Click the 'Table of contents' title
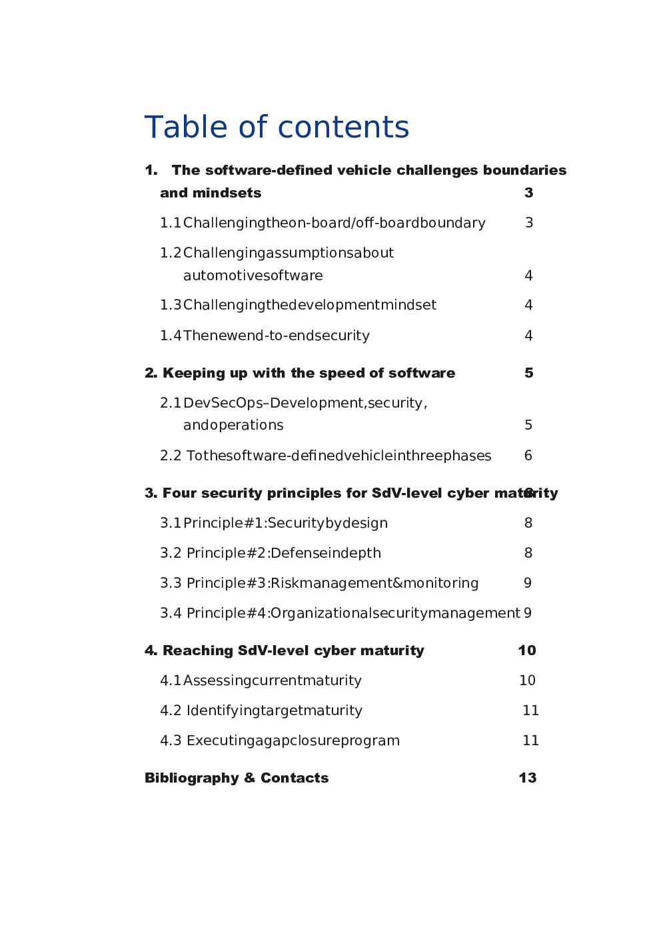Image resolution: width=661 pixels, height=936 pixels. (277, 127)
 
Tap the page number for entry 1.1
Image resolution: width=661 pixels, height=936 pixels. (529, 223)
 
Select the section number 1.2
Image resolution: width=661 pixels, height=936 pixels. (171, 253)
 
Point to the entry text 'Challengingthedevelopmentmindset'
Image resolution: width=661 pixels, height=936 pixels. (310, 305)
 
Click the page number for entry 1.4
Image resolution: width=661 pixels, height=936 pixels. (528, 336)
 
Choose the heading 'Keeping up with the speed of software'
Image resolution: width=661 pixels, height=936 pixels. (309, 373)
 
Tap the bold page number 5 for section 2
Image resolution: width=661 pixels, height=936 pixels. (529, 373)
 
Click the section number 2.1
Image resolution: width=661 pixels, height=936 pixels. (171, 403)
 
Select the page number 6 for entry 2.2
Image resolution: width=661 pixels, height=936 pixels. (528, 456)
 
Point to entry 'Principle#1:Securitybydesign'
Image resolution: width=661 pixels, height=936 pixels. (285, 523)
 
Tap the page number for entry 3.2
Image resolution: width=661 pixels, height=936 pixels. (528, 553)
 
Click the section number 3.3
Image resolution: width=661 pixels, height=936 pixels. (171, 583)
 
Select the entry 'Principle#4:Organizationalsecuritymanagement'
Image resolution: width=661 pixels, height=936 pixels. (353, 613)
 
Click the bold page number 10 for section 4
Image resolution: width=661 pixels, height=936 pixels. (527, 650)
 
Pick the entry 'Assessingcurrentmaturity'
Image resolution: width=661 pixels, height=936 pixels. (273, 680)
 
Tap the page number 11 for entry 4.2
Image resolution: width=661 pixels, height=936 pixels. (530, 711)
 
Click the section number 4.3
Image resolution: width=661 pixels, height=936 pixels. (171, 741)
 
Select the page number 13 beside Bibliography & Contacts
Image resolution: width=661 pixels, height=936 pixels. (528, 778)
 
